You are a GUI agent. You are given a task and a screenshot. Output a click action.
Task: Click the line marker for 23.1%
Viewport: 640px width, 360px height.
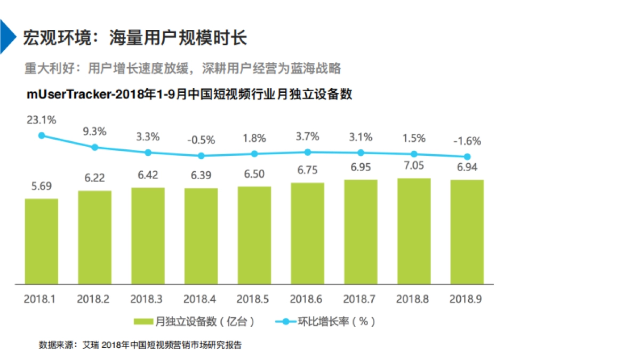42,135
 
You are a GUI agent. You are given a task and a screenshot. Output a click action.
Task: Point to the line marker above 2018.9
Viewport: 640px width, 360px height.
467,157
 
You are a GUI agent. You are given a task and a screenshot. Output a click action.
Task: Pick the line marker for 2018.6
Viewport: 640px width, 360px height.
308,152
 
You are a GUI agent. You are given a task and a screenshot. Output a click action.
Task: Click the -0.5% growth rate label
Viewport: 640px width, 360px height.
201,140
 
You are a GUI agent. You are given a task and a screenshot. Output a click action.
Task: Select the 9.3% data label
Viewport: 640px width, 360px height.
95,131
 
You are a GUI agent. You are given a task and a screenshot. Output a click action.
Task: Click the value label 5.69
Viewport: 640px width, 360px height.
42,187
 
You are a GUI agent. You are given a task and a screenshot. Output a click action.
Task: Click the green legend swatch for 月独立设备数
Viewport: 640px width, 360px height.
143,322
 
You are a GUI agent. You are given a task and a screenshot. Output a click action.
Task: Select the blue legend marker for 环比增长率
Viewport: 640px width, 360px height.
285,322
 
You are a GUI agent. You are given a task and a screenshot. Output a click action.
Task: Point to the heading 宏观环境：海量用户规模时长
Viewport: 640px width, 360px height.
134,38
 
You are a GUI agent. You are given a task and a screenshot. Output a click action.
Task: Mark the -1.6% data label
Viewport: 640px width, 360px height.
467,141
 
